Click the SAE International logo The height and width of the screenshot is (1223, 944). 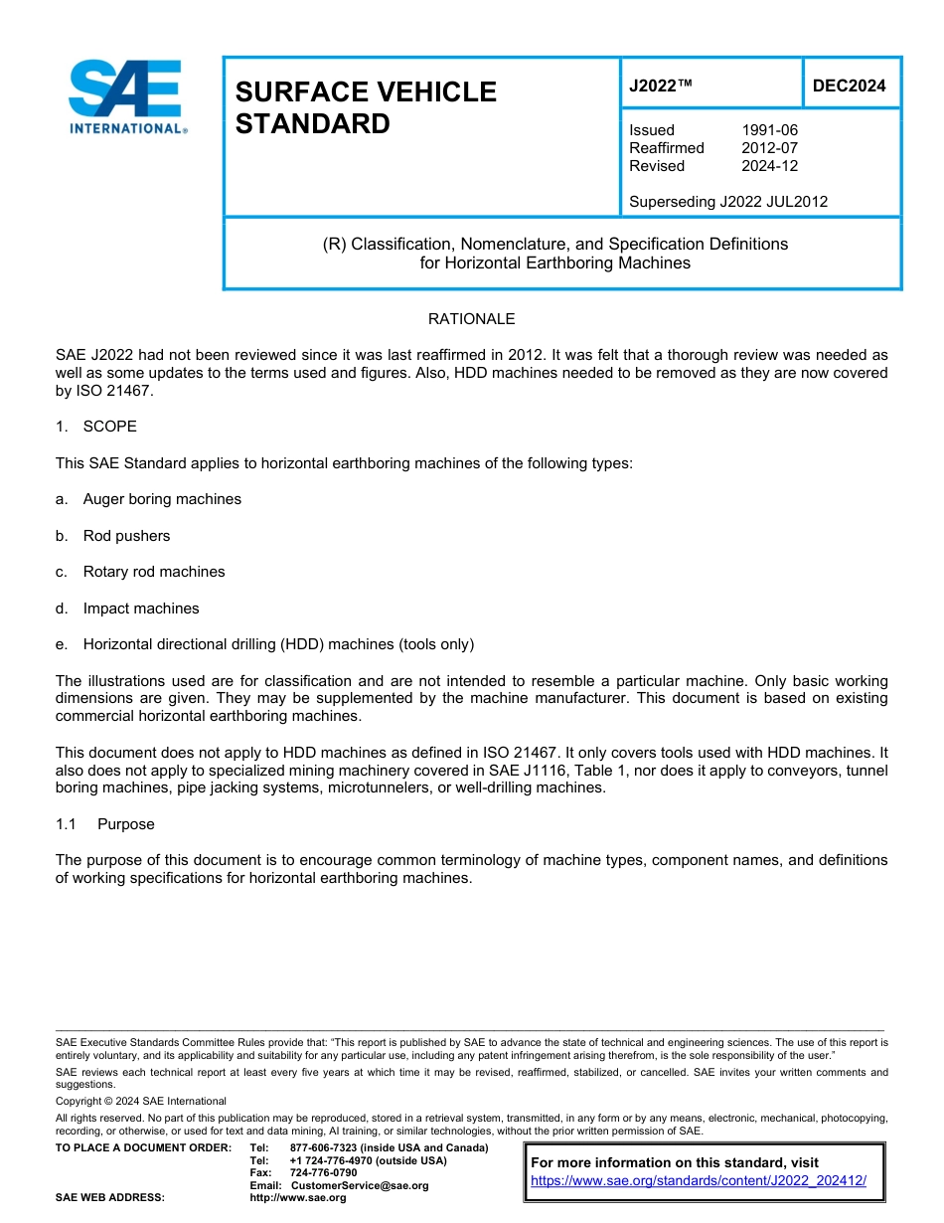pyautogui.click(x=126, y=96)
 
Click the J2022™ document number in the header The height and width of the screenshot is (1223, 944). pyautogui.click(x=660, y=86)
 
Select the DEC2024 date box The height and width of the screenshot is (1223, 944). pyautogui.click(x=849, y=86)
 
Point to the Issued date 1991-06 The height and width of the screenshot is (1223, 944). pyautogui.click(x=769, y=130)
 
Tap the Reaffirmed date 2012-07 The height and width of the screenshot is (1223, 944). pyautogui.click(x=769, y=148)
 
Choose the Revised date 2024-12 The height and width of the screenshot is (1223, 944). pyautogui.click(x=769, y=166)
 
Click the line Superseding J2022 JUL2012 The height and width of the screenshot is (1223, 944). pyautogui.click(x=727, y=202)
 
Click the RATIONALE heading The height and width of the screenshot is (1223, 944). pyautogui.click(x=471, y=319)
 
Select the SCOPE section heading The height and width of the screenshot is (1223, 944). pyautogui.click(x=109, y=427)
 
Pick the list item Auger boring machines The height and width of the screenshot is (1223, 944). pyautogui.click(x=162, y=499)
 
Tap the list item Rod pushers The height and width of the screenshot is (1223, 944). pyautogui.click(x=126, y=536)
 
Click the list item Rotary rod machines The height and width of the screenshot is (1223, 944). pyautogui.click(x=154, y=572)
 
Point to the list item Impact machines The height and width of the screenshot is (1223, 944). pyautogui.click(x=141, y=609)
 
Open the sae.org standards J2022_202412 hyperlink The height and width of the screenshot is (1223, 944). pyautogui.click(x=699, y=1181)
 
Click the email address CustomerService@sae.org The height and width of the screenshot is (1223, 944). pyautogui.click(x=359, y=1185)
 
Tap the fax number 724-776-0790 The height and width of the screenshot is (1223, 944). pyautogui.click(x=323, y=1173)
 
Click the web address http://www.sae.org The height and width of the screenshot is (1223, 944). pyautogui.click(x=318, y=1198)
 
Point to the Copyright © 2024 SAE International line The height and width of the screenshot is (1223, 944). pyautogui.click(x=141, y=1101)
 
